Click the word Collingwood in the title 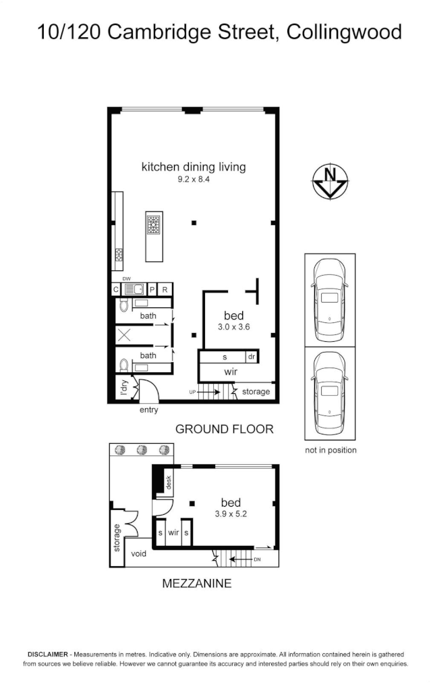pos(343,32)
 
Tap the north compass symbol pos(330,182)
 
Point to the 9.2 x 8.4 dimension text pos(194,180)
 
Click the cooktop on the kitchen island pos(154,225)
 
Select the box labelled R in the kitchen pos(164,290)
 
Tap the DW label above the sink pos(126,278)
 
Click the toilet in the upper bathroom pos(123,306)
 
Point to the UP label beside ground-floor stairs pos(192,392)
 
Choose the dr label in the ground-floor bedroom pos(251,357)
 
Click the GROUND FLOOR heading pos(224,429)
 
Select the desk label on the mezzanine pos(169,482)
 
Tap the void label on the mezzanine pos(139,553)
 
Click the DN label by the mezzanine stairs pos(257,559)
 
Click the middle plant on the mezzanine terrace pos(142,451)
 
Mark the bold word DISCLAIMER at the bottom pos(47,655)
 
